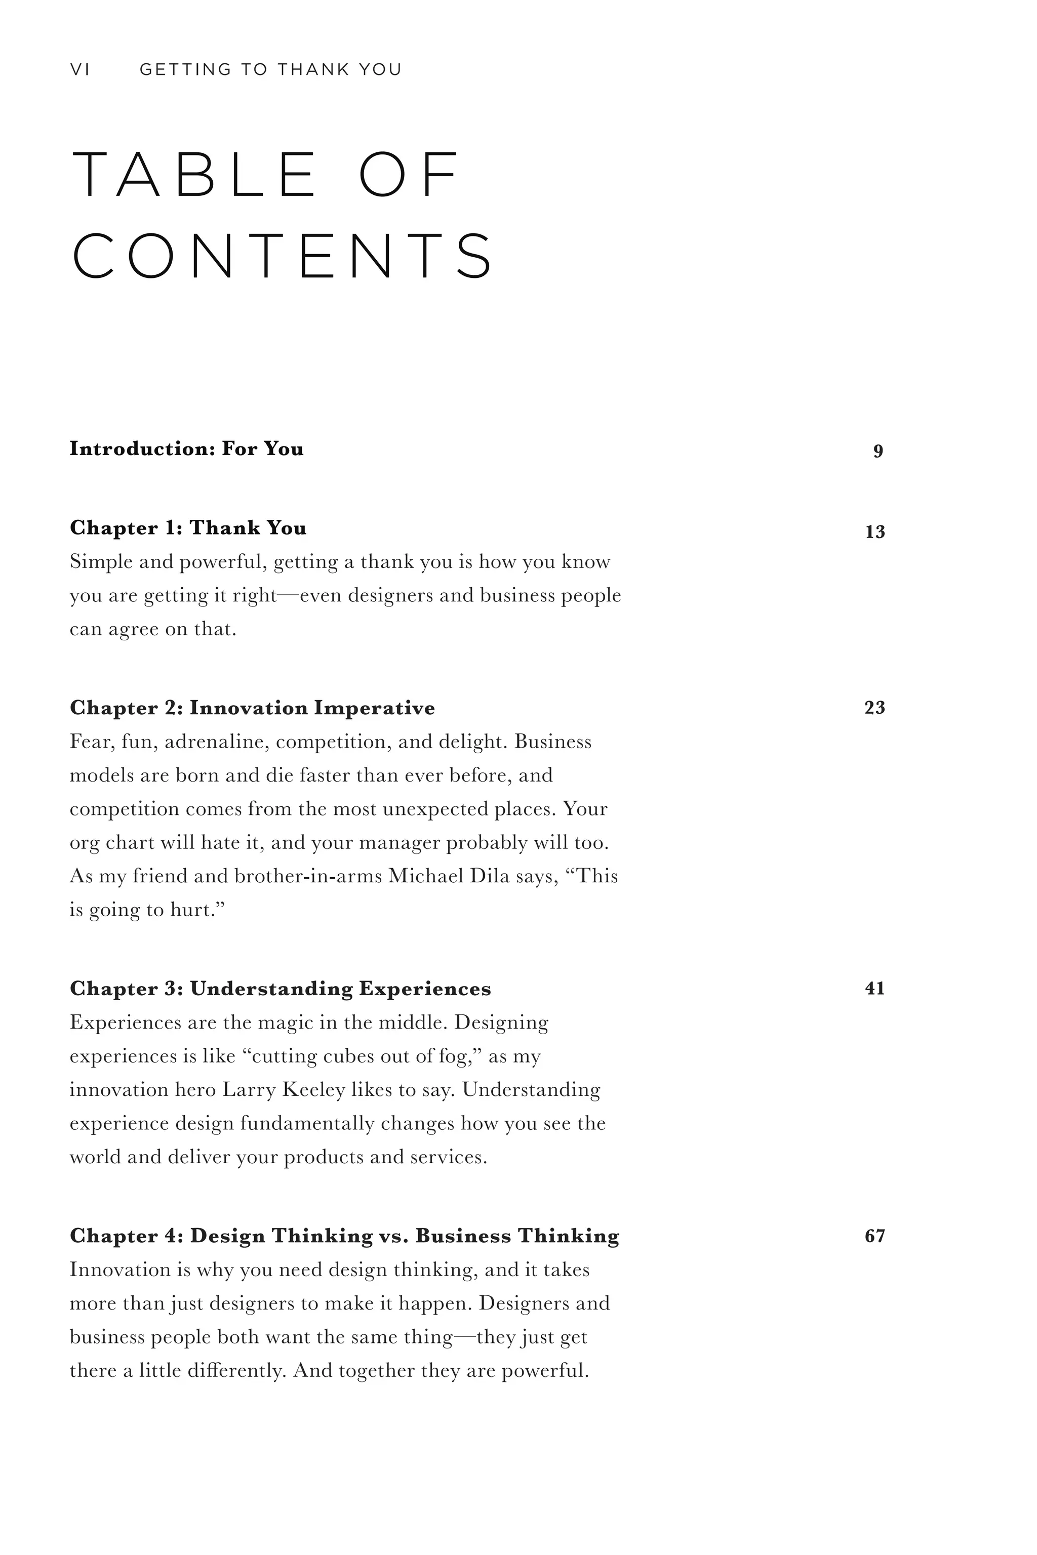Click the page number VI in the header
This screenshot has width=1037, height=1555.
79,69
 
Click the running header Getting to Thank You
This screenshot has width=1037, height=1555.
270,69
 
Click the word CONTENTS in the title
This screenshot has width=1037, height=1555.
283,255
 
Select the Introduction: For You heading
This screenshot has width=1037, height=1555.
186,449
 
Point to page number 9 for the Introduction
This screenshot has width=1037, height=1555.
878,451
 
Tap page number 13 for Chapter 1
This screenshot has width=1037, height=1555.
875,531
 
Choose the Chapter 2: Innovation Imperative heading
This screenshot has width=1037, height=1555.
253,708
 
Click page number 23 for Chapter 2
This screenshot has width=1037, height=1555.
874,708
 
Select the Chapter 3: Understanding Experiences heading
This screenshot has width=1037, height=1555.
281,989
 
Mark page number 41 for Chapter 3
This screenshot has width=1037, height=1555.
874,989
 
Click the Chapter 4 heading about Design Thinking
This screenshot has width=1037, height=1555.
344,1236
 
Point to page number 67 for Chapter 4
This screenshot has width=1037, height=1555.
874,1236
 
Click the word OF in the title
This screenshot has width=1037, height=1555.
408,175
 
